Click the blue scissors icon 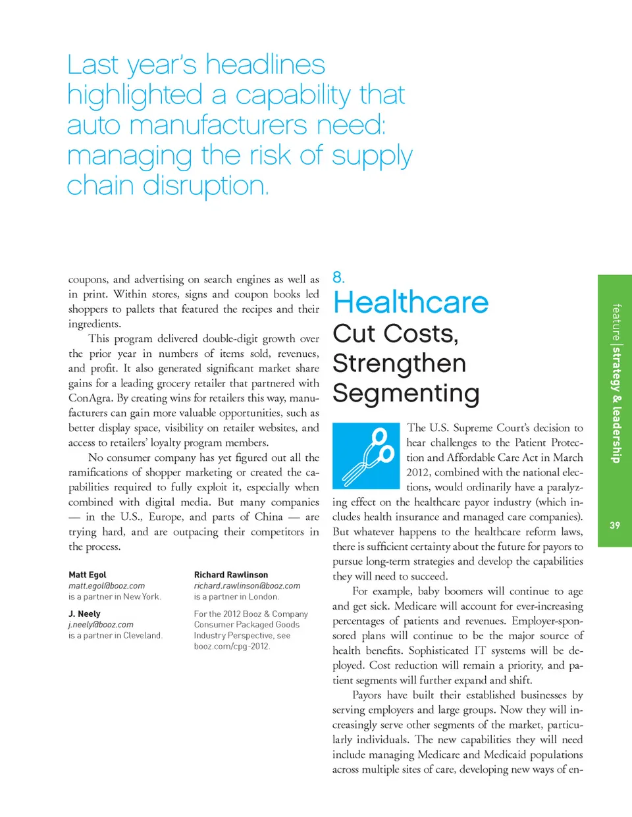(x=366, y=456)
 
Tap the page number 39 (x=614, y=525)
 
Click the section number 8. (x=338, y=277)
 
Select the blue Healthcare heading (x=411, y=303)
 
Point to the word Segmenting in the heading (x=406, y=393)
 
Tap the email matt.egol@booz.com (x=107, y=586)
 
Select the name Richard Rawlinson (x=231, y=575)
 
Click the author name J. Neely (x=84, y=614)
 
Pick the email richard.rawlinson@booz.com (x=247, y=586)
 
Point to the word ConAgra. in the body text (x=90, y=398)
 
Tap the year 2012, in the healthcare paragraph (x=419, y=473)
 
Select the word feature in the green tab (x=616, y=322)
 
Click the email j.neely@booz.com (x=101, y=625)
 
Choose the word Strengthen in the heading (x=399, y=363)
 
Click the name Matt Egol (x=87, y=575)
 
